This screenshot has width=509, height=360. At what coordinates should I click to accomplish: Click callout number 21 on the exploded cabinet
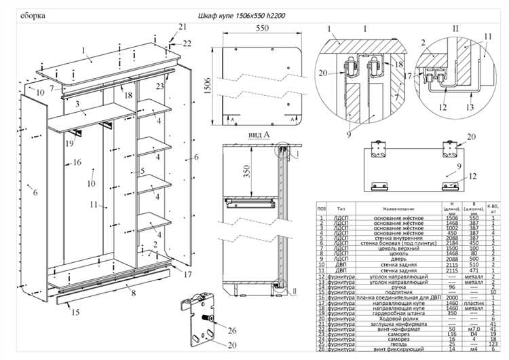pyautogui.click(x=182, y=26)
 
